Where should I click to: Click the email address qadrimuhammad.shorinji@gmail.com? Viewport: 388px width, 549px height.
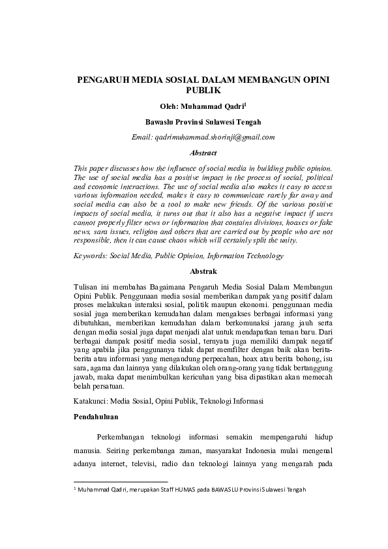[x=213, y=137]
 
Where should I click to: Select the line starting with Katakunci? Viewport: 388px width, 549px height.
[x=169, y=400]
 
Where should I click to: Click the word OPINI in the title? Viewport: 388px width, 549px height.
[x=312, y=80]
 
